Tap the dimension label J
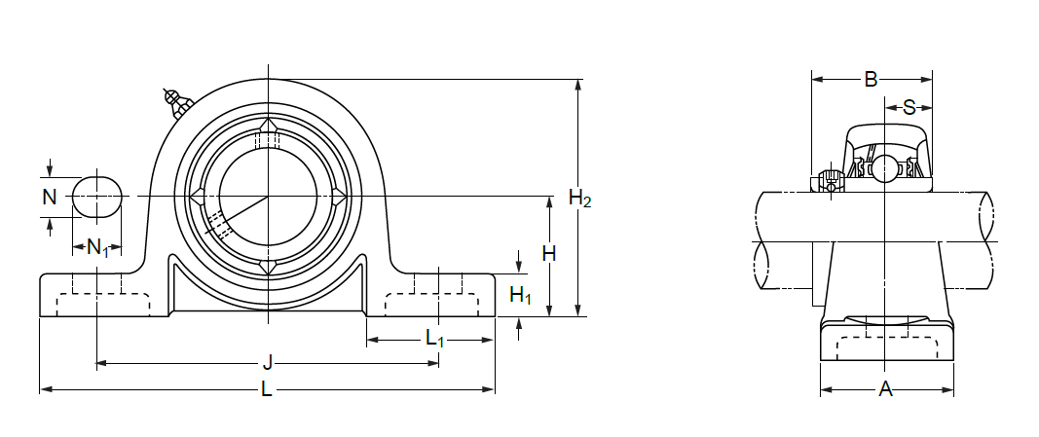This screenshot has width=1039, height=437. point(267,364)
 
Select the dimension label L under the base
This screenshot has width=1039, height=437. point(267,391)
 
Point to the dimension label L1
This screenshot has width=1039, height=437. point(434,340)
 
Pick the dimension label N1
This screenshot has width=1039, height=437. point(98,247)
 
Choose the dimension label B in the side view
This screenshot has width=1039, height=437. point(872,79)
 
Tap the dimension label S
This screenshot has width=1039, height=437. point(909,106)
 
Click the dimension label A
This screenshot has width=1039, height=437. point(886,390)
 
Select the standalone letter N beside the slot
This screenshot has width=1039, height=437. point(50,198)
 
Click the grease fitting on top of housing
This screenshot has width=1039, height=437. point(177,100)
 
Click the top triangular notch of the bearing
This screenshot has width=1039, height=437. point(268,127)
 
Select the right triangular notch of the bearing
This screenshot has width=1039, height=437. point(338,198)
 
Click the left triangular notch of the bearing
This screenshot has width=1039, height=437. point(198,198)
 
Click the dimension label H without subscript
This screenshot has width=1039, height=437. point(549,254)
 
